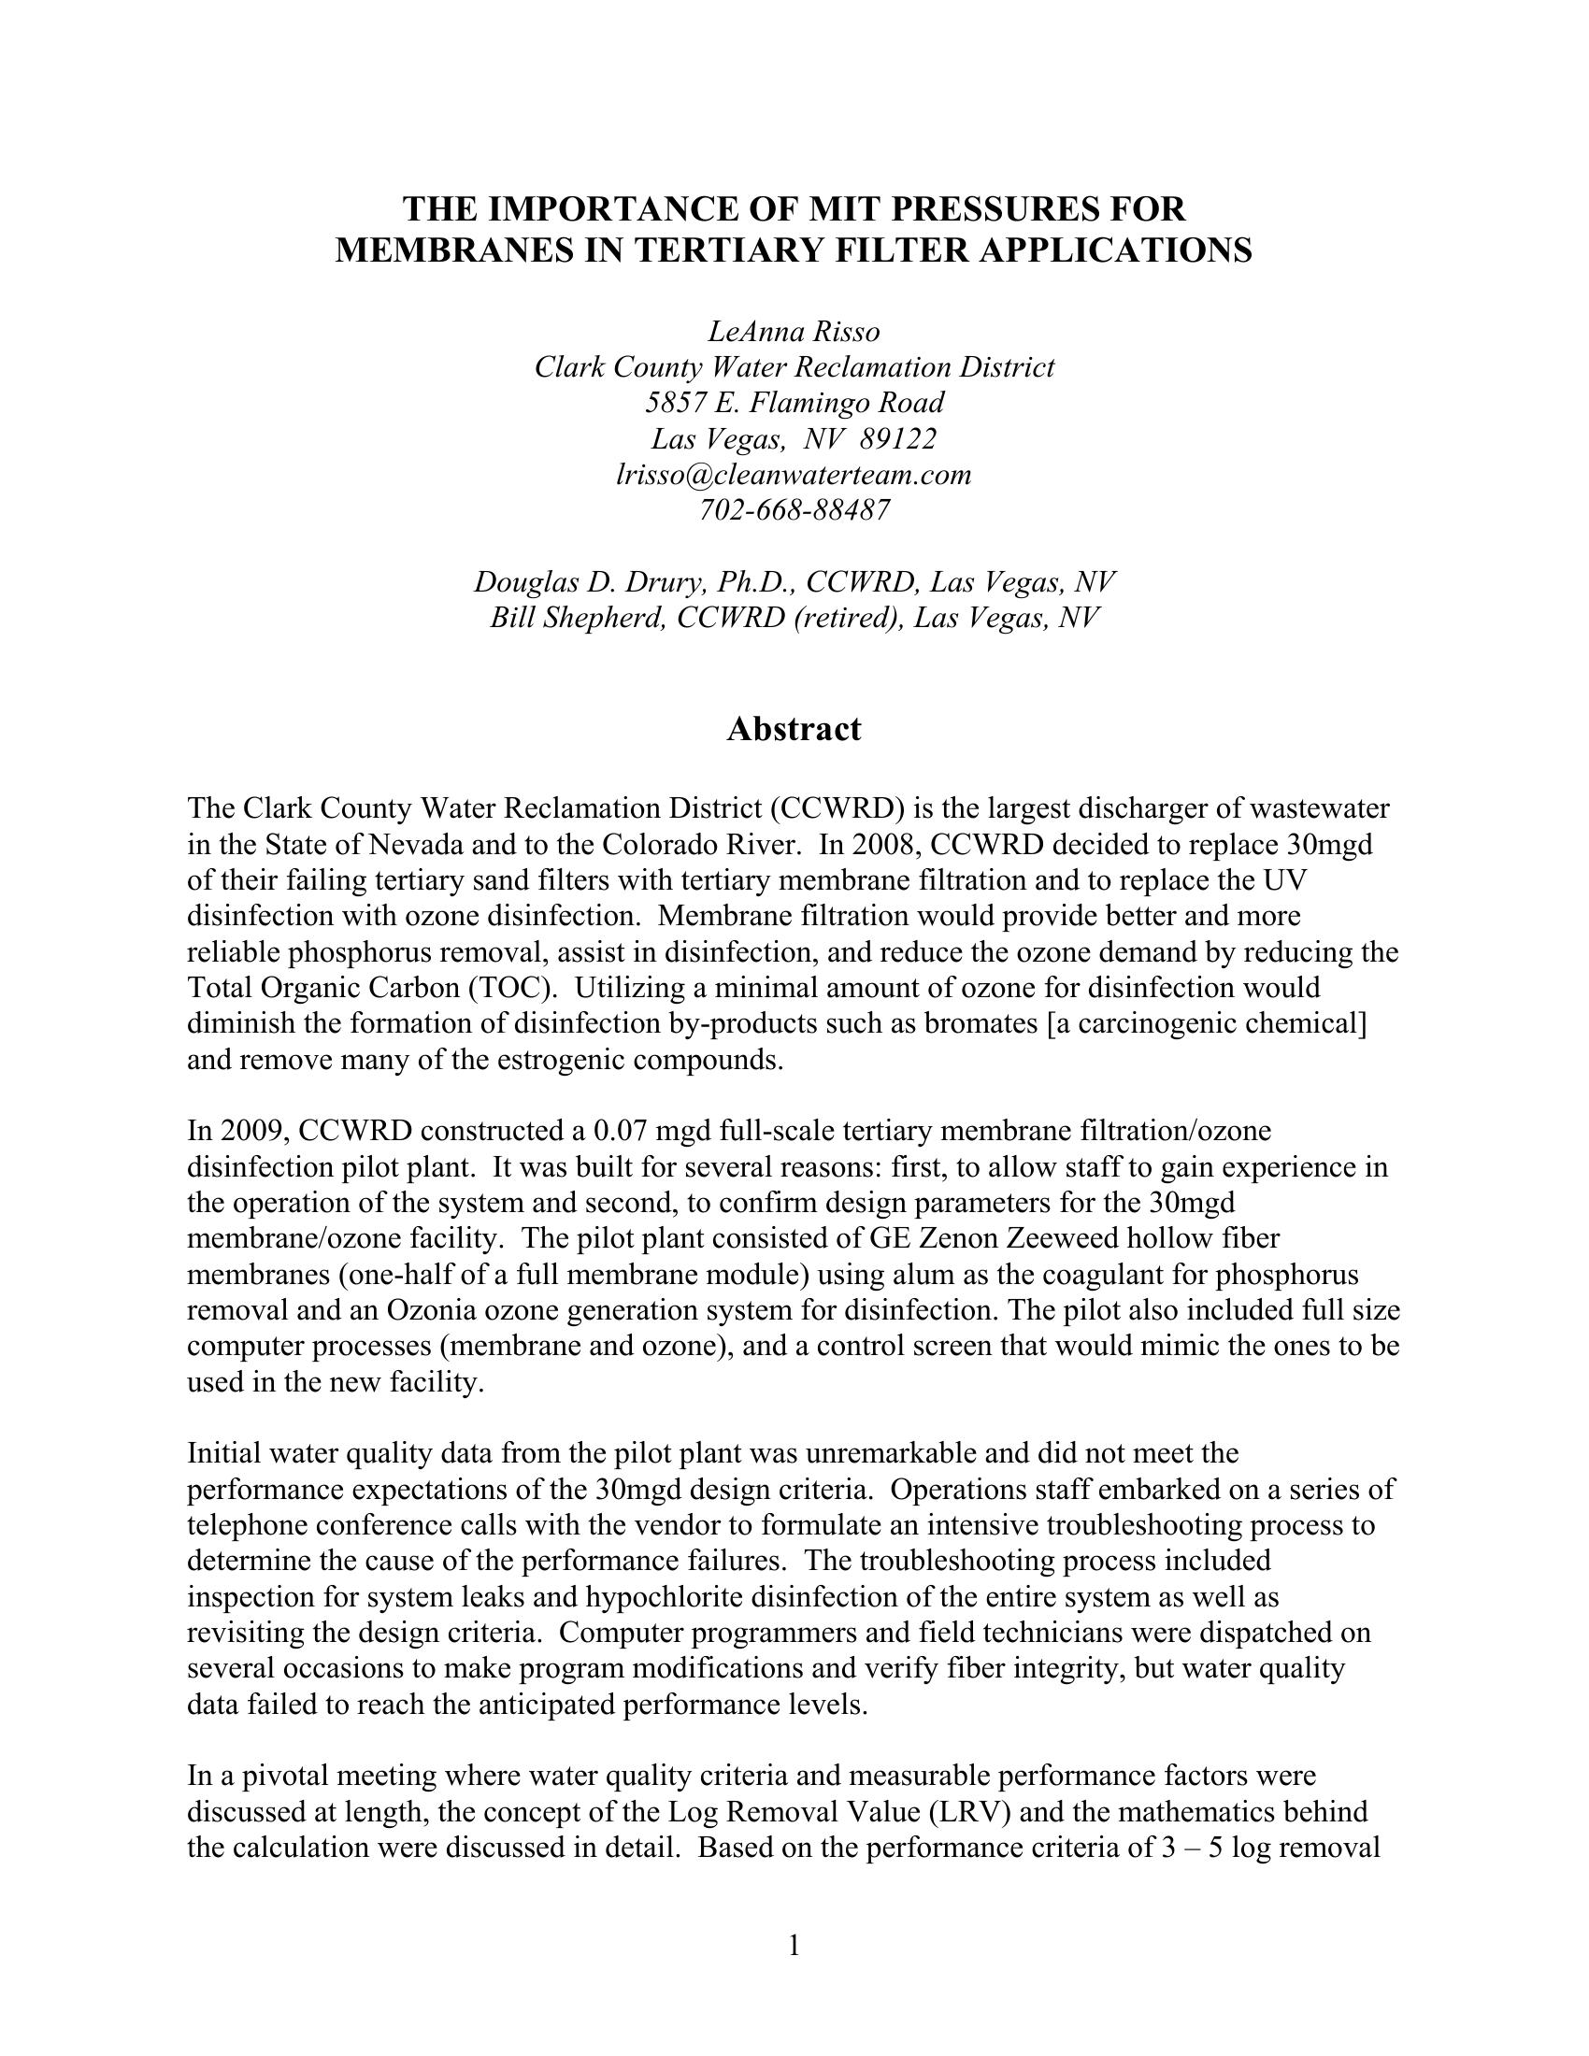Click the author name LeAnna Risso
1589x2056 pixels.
794,332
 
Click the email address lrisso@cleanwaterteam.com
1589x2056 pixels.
794,475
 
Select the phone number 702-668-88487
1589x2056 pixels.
794,510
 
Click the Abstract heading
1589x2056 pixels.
794,729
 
